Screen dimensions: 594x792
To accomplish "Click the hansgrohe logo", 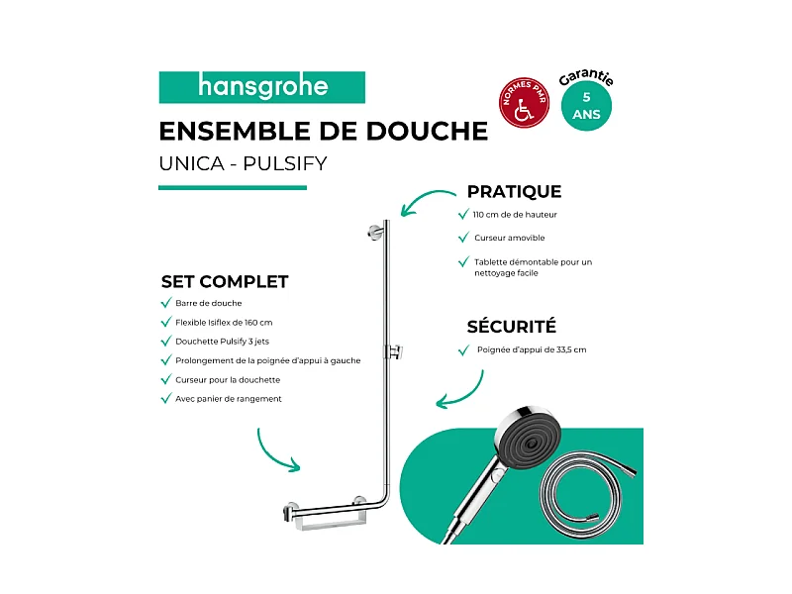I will (262, 87).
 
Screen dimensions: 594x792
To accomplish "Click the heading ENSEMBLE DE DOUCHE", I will (323, 131).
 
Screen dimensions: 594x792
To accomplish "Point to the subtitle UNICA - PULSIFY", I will (242, 163).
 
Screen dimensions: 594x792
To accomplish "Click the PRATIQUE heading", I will (514, 191).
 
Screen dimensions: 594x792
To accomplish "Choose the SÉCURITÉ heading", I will (511, 326).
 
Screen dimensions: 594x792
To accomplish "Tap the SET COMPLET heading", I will (224, 281).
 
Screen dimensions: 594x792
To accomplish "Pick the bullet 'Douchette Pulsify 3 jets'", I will (223, 341).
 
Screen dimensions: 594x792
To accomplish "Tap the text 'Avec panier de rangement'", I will (228, 398).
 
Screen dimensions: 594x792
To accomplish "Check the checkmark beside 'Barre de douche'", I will (165, 303).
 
